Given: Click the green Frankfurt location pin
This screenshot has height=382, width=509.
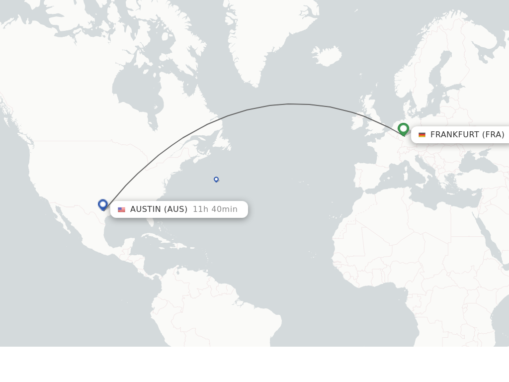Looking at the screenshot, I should [x=403, y=129].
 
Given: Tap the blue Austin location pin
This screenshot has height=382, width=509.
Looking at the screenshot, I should [x=103, y=204].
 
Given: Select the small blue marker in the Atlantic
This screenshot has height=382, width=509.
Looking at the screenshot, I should [x=216, y=179].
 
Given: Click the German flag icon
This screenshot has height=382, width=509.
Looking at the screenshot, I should [x=422, y=135].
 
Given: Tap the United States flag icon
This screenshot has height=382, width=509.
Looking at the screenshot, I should [x=121, y=209].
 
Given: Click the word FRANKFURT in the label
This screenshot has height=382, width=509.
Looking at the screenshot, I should [x=454, y=135].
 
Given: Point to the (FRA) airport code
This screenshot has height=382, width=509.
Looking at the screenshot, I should [x=493, y=135].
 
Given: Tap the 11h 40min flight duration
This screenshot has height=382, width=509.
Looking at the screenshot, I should [x=215, y=209].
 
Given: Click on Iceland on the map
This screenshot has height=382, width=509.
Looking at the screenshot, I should [x=327, y=56].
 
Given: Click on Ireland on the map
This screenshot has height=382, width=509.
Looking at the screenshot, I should [x=358, y=122].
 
